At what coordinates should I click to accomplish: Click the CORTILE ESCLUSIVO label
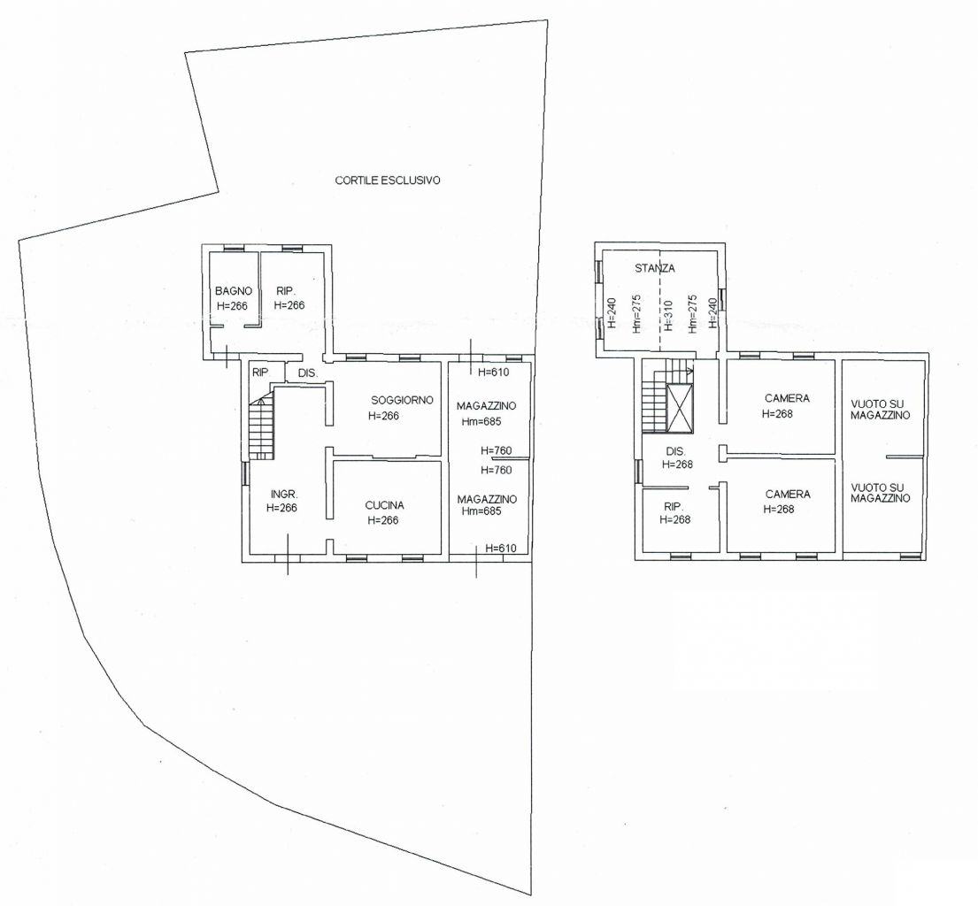[x=388, y=180]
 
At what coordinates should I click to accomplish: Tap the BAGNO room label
[x=234, y=290]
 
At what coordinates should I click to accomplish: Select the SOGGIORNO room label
[x=402, y=400]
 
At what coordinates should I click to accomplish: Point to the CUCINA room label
[x=384, y=505]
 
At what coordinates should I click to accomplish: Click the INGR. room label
[x=284, y=494]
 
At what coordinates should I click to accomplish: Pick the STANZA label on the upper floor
[x=654, y=268]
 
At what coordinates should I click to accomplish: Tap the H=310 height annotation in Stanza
[x=668, y=316]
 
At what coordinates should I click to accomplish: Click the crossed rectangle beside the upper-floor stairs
[x=679, y=409]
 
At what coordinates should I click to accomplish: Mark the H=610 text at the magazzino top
[x=493, y=372]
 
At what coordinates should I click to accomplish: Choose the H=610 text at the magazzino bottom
[x=501, y=548]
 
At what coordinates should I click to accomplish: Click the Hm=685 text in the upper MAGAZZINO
[x=481, y=421]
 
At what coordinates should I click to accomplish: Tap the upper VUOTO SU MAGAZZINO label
[x=880, y=409]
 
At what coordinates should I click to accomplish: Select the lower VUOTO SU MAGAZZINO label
[x=880, y=493]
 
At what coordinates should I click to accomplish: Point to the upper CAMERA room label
[x=787, y=398]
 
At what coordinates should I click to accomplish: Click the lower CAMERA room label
[x=788, y=494]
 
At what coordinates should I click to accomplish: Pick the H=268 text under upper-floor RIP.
[x=675, y=519]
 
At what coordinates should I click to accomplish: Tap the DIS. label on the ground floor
[x=308, y=373]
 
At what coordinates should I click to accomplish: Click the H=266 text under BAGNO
[x=232, y=306]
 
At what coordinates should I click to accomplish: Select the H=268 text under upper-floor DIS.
[x=677, y=464]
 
